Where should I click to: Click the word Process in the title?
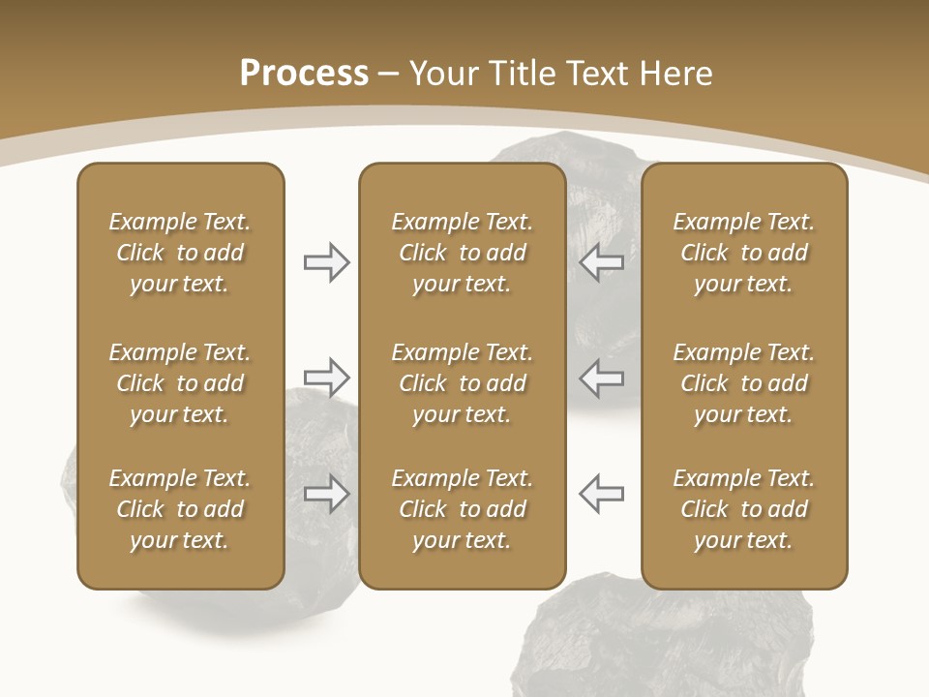304,74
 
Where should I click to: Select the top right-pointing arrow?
326,262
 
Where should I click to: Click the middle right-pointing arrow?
326,377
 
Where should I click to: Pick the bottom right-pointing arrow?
326,494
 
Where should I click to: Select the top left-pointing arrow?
602,262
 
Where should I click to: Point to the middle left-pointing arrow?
602,377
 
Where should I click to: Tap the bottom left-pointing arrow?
602,494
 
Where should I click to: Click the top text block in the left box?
180,253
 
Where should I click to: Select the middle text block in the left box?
180,383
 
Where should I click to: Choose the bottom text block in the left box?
180,509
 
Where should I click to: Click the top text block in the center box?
462,253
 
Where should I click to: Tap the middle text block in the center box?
462,383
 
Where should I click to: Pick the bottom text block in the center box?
462,509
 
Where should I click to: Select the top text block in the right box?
743,253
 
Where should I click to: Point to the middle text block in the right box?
743,383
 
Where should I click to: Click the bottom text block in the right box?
743,509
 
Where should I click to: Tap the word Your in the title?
442,74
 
